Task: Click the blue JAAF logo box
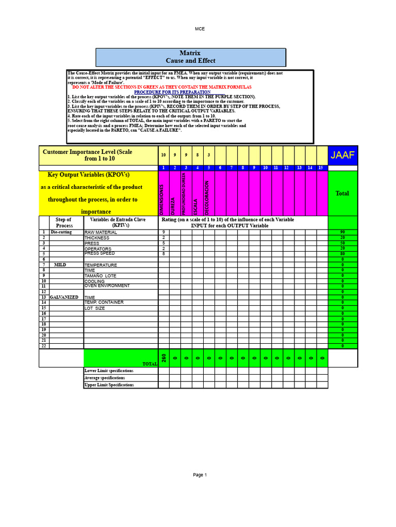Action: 343,155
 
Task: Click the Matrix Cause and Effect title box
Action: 190,57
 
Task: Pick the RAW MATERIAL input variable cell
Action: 101,233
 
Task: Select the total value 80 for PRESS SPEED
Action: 342,254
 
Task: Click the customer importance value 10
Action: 163,155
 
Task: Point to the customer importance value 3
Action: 208,155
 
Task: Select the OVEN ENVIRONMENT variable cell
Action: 107,286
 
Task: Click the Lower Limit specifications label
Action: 109,371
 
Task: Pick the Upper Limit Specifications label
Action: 109,384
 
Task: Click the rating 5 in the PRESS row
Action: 163,243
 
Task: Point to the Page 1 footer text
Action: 200,475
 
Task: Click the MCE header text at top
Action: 200,29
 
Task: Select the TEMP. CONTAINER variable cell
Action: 104,303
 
